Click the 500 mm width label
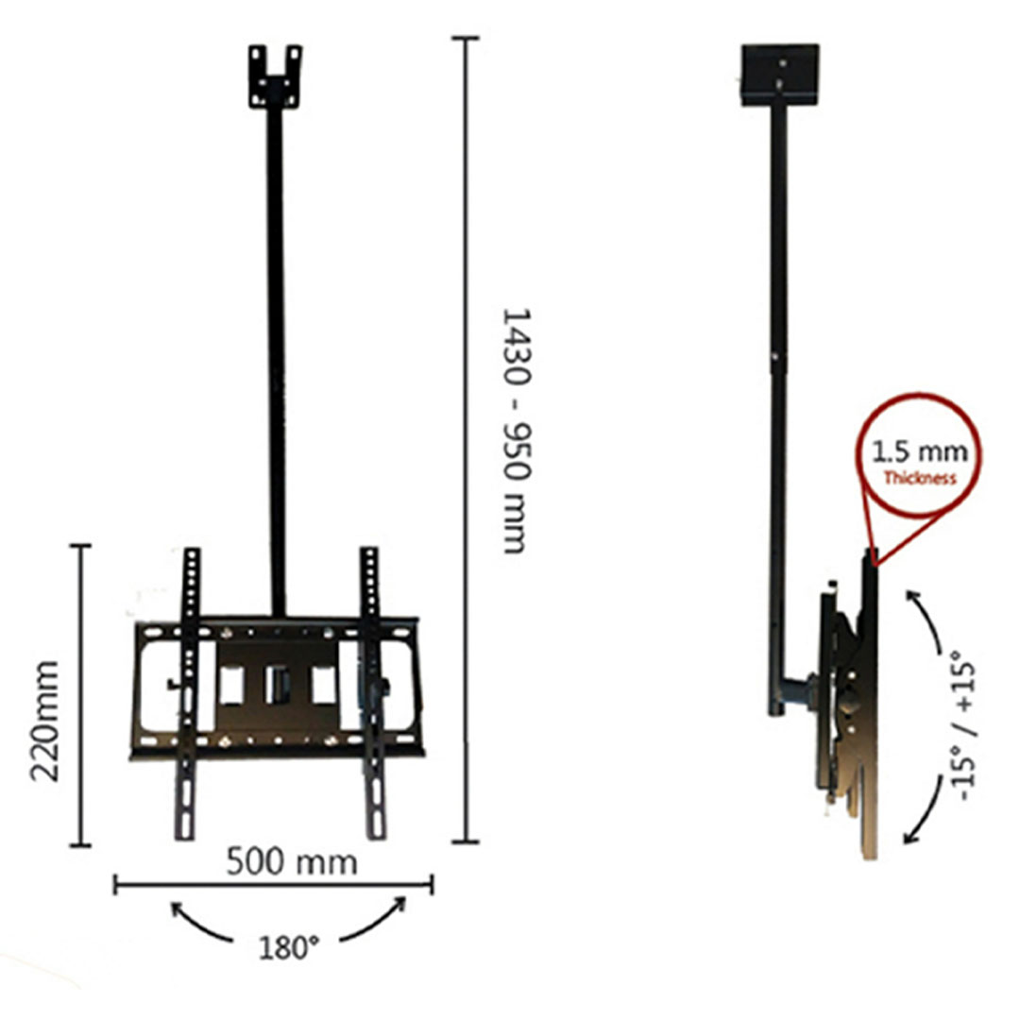[292, 861]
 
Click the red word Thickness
[920, 478]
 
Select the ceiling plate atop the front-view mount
[275, 76]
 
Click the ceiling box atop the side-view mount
[779, 73]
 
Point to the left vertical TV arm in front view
[189, 694]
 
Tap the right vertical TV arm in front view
[372, 694]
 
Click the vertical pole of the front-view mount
[276, 359]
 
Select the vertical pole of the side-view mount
[777, 378]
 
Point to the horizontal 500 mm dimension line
[273, 885]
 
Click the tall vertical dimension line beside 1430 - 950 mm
[465, 439]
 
